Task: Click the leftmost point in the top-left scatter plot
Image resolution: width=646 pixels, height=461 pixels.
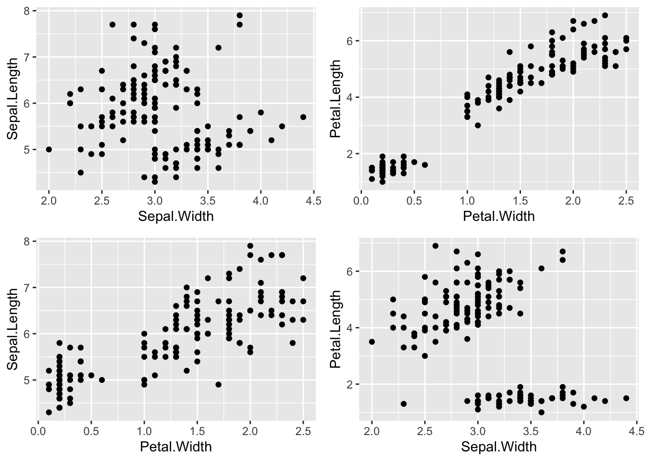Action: [49, 149]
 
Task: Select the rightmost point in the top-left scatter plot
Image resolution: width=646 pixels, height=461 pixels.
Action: [303, 117]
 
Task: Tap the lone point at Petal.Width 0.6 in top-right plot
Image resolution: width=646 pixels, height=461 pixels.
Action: [424, 165]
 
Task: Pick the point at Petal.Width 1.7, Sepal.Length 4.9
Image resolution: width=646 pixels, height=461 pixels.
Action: [218, 384]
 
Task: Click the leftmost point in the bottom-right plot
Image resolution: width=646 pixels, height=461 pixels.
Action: [372, 342]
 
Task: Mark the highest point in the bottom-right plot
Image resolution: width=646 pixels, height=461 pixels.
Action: [435, 246]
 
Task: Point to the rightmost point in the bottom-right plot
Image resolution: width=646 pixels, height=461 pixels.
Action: [626, 398]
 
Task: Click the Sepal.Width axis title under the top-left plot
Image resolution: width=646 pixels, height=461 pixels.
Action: [175, 217]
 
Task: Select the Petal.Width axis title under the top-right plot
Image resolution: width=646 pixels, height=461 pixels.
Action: [498, 217]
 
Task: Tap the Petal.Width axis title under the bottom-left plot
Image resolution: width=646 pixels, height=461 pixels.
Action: [175, 447]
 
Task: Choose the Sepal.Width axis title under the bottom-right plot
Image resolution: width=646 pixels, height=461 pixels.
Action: [498, 447]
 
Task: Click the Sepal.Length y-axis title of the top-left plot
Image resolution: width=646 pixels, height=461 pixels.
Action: [13, 98]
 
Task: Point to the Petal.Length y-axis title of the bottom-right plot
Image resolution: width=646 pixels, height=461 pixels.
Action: [336, 329]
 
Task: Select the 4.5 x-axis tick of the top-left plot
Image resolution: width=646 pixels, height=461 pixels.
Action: [313, 200]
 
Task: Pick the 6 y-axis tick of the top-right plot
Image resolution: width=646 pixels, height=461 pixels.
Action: [350, 41]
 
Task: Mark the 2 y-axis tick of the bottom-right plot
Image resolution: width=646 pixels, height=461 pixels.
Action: [350, 385]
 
